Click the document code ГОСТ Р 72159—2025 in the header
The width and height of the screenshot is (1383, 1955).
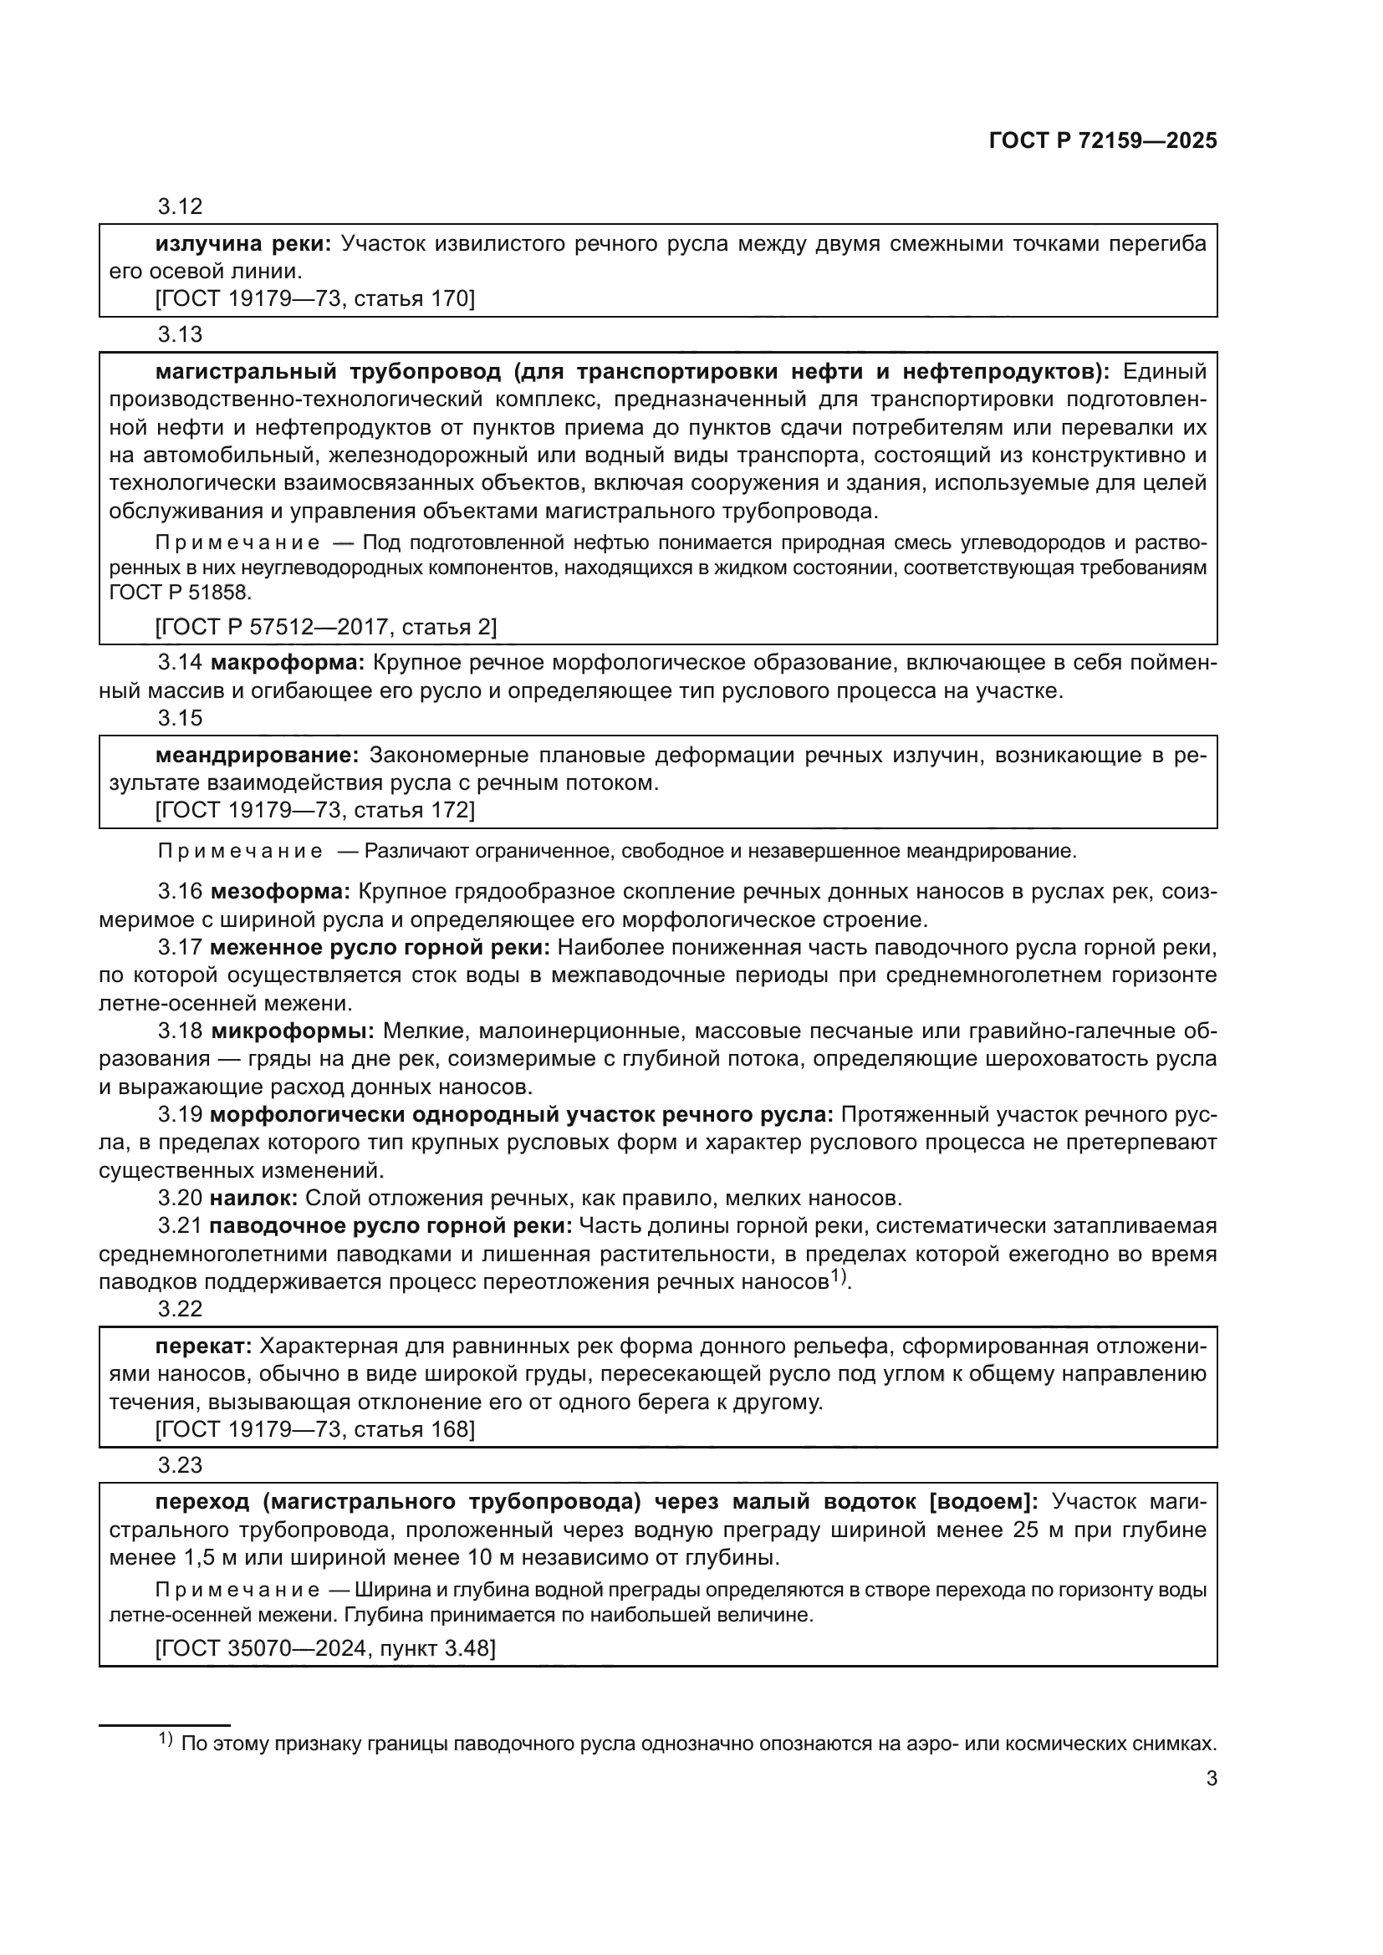point(1103,140)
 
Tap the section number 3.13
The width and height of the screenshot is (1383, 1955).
point(180,334)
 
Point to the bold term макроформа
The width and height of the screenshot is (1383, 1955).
point(287,663)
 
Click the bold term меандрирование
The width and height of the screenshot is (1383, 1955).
point(258,756)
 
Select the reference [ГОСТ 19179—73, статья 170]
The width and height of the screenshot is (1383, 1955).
point(314,299)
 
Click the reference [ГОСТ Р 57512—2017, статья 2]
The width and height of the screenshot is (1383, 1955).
point(325,628)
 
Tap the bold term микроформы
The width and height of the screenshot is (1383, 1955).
point(292,1031)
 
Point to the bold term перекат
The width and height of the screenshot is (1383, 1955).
point(203,1347)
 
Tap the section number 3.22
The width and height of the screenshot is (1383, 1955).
point(180,1309)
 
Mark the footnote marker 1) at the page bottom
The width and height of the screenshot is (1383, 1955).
point(166,1739)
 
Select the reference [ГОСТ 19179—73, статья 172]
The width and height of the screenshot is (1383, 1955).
point(314,810)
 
